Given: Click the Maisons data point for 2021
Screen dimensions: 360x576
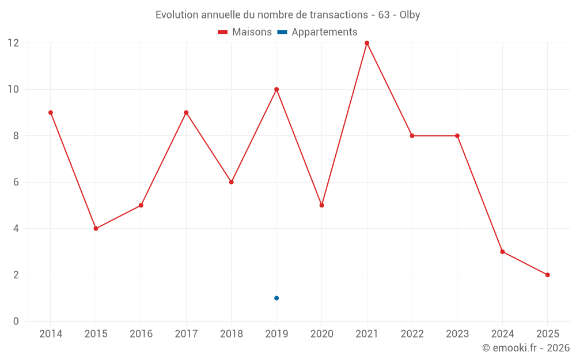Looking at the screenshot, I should pyautogui.click(x=367, y=43).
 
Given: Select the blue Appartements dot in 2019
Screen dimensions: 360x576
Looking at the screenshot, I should pyautogui.click(x=276, y=298).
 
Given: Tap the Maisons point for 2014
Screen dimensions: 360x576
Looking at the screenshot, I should pyautogui.click(x=51, y=112).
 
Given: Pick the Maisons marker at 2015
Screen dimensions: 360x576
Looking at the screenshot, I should pyautogui.click(x=96, y=229).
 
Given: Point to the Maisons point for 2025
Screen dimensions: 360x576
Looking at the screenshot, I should pyautogui.click(x=547, y=275).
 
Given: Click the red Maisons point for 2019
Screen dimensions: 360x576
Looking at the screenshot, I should pyautogui.click(x=276, y=89).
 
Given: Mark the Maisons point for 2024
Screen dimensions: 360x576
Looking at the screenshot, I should pyautogui.click(x=502, y=252).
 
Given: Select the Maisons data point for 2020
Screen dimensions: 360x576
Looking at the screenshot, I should pyautogui.click(x=321, y=205).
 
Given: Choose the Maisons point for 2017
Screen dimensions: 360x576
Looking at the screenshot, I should pyautogui.click(x=186, y=112).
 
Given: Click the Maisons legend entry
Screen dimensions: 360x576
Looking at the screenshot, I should pyautogui.click(x=245, y=32).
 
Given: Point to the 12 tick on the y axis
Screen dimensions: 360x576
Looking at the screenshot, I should pyautogui.click(x=13, y=43).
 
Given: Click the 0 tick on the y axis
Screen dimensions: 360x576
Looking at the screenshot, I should pyautogui.click(x=16, y=321).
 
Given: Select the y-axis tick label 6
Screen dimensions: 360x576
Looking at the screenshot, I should pyautogui.click(x=16, y=182).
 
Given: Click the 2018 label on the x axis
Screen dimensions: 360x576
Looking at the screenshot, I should pyautogui.click(x=231, y=334).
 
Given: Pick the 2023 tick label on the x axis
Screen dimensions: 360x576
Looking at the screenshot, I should pyautogui.click(x=457, y=334).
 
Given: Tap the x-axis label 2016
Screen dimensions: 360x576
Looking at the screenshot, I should pyautogui.click(x=141, y=334).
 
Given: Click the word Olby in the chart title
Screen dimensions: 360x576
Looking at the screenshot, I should pyautogui.click(x=410, y=15).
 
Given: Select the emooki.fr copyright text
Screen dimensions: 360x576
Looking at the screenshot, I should pyautogui.click(x=525, y=348).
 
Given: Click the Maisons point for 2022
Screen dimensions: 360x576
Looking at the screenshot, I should pyautogui.click(x=412, y=136).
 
